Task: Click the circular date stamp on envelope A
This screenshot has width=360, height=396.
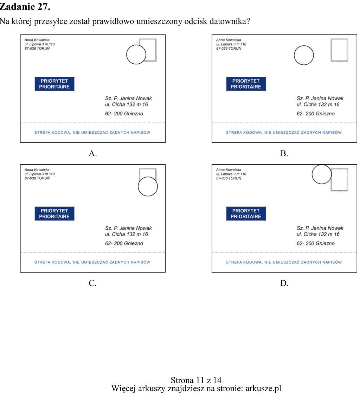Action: click(127, 55)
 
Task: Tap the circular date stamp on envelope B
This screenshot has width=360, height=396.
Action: click(294, 55)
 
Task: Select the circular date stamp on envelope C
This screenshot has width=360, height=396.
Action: click(138, 187)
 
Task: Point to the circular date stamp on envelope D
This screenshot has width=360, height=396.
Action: click(312, 174)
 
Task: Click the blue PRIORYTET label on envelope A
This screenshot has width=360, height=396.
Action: click(54, 84)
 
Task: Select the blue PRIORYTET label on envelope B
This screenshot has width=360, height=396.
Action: click(246, 84)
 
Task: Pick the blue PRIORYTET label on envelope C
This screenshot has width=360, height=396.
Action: click(54, 214)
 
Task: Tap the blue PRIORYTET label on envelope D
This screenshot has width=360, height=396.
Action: click(246, 214)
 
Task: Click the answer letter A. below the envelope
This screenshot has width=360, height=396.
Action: click(93, 153)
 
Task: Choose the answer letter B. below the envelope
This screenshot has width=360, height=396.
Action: click(284, 153)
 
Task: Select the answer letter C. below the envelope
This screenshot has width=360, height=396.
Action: click(93, 283)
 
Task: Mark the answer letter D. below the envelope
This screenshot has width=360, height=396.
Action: click(284, 283)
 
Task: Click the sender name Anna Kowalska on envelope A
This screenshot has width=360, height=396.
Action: click(37, 40)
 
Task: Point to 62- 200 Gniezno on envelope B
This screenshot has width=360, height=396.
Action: click(316, 114)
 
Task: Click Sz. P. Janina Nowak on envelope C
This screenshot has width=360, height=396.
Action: click(129, 228)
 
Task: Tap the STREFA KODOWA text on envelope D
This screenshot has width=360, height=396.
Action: click(284, 262)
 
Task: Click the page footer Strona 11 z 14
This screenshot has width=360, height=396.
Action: click(196, 380)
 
